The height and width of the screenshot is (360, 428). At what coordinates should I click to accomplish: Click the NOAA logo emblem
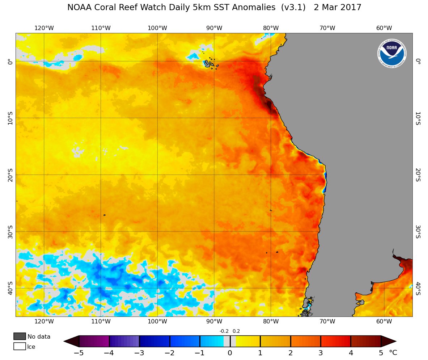392,54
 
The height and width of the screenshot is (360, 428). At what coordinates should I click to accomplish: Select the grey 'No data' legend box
20,336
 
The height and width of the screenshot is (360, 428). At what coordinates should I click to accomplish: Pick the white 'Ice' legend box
20,347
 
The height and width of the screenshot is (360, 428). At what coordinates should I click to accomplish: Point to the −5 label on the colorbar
79,353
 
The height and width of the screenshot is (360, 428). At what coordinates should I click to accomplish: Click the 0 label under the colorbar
230,353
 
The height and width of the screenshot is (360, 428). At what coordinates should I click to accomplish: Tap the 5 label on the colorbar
381,353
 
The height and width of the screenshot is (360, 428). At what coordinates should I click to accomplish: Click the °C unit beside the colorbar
393,353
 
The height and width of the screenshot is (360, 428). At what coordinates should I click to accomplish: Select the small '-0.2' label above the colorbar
224,331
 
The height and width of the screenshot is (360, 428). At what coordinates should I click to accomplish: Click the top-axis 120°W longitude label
44,28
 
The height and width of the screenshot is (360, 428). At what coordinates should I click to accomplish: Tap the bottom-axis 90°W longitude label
214,322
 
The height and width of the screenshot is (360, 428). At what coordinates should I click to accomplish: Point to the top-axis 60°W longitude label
384,28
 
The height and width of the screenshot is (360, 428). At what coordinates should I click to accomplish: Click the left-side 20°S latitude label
10,175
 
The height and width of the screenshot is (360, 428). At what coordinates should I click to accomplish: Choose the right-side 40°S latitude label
418,288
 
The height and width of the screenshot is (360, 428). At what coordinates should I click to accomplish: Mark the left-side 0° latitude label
10,62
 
